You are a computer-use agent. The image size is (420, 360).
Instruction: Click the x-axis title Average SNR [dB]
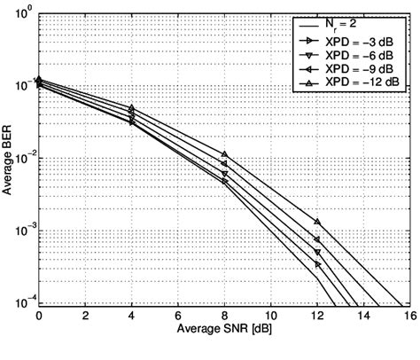[x=223, y=333]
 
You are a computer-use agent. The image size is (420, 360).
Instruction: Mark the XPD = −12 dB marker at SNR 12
[x=316, y=221]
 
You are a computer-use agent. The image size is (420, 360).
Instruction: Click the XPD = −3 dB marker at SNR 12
[x=316, y=264]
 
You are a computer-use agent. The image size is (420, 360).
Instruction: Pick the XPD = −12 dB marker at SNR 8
[x=224, y=154]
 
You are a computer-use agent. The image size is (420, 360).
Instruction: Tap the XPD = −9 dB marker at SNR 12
[x=316, y=239]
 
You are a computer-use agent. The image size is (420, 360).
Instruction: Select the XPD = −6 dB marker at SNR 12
[x=316, y=252]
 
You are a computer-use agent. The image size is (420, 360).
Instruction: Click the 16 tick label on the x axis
[x=408, y=316]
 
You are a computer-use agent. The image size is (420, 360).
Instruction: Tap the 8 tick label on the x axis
[x=224, y=316]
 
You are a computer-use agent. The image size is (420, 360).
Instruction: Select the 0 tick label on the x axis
[x=40, y=316]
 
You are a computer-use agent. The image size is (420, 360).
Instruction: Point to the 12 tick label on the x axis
[x=316, y=316]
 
